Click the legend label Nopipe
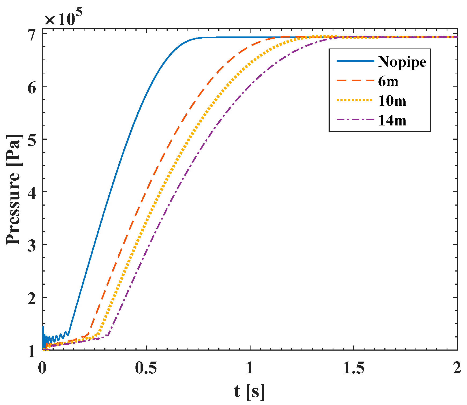tap(402, 62)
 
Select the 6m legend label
tap(388, 81)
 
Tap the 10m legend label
tap(392, 101)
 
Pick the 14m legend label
tap(392, 121)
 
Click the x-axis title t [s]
tap(249, 391)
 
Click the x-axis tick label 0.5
tap(146, 368)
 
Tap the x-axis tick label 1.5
tap(354, 368)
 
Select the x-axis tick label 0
tap(42, 368)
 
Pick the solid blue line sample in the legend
tap(355, 61)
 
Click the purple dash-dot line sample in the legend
tap(355, 120)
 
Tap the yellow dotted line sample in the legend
tap(355, 100)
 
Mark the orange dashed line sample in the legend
tap(355, 80)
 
